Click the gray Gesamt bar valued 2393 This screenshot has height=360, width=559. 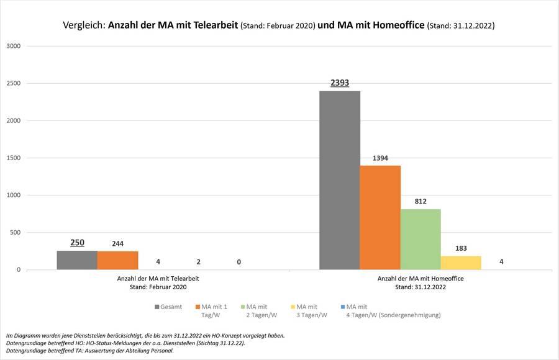tap(340, 180)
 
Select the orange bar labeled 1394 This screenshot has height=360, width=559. tap(380, 217)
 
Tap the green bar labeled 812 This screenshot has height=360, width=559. tap(420, 239)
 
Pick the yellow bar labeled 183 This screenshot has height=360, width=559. tap(461, 263)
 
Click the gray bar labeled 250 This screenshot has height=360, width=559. tap(77, 260)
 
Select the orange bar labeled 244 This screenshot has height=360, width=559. tap(117, 260)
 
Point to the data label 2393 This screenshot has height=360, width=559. tap(340, 83)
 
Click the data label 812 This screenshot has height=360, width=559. tap(420, 201)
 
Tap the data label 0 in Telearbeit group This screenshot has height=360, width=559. tap(239, 262)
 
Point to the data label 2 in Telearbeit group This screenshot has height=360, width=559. tap(198, 262)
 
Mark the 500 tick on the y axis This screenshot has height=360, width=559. tap(16, 233)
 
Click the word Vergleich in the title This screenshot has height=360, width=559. tap(84, 26)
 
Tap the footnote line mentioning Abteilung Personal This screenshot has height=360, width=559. tap(90, 351)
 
